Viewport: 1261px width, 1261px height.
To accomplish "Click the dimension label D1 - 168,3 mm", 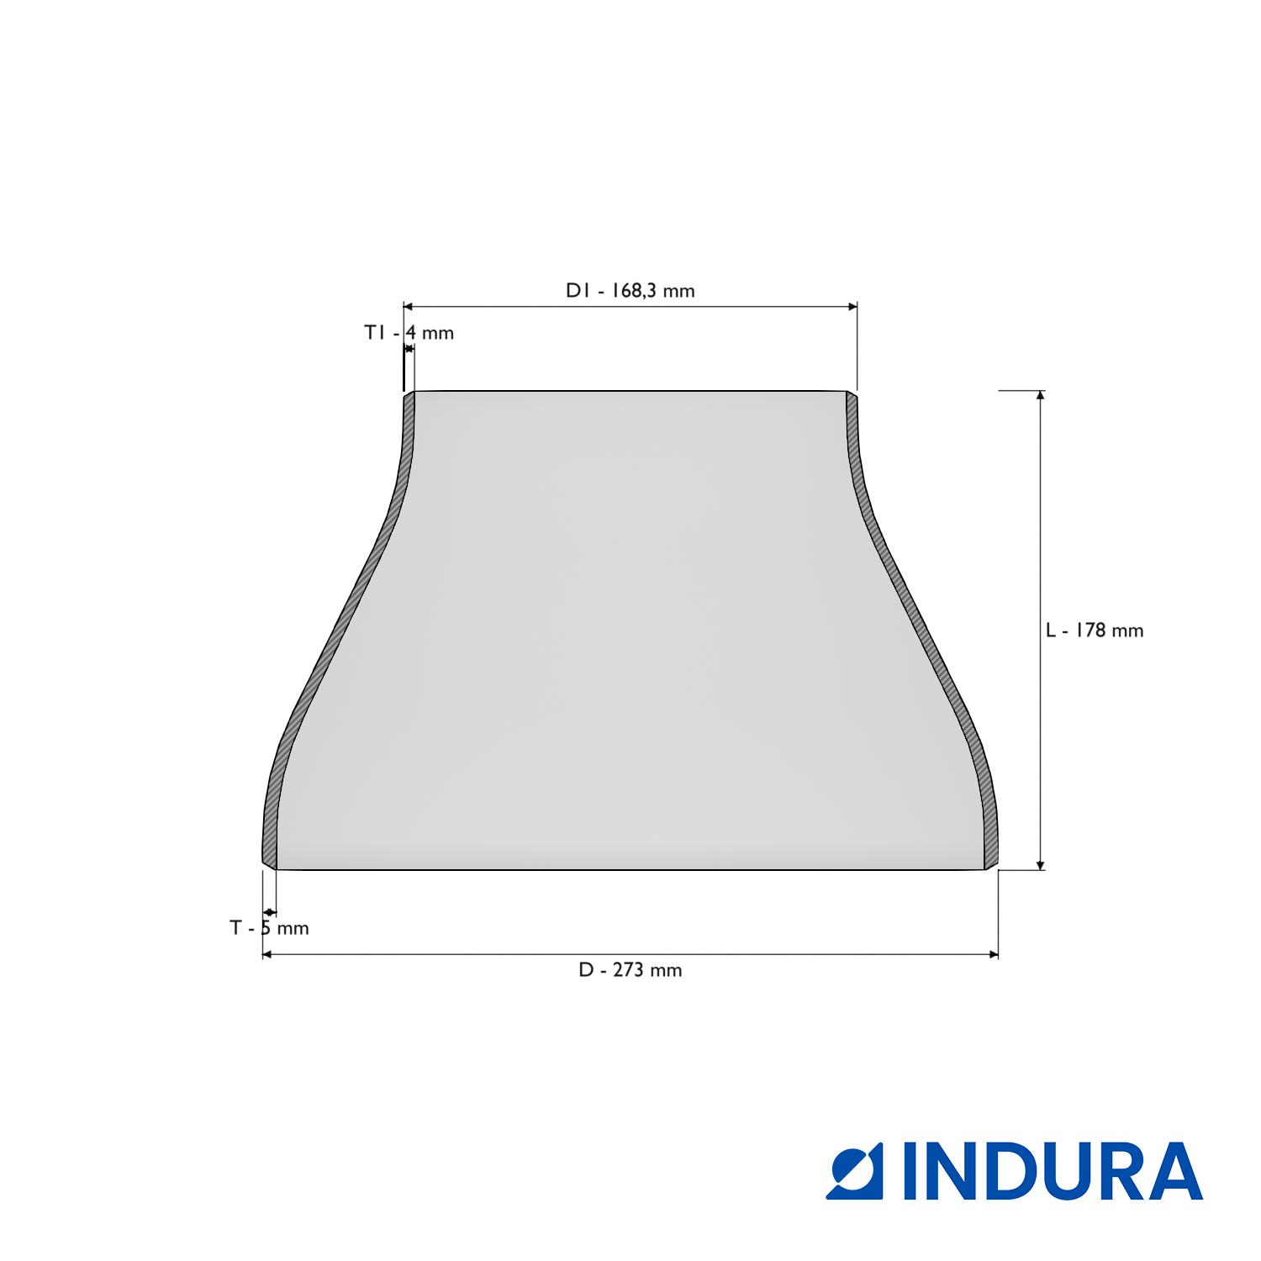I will pos(630,291).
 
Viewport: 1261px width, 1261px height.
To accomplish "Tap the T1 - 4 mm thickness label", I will pos(409,333).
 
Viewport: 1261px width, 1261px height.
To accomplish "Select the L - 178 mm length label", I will pos(1094,630).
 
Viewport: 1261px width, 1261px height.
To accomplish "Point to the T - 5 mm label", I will pos(269,928).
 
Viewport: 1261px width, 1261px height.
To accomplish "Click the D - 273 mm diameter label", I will pos(630,970).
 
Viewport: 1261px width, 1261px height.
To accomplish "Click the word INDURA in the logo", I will pos(1053,1171).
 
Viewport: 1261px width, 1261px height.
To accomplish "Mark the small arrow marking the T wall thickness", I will pos(269,912).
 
